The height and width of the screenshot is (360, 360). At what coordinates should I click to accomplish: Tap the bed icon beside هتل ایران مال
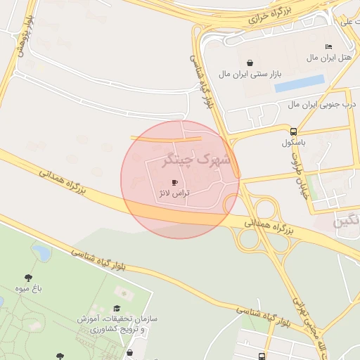328,46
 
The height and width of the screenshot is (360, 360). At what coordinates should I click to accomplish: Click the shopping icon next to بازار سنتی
251,63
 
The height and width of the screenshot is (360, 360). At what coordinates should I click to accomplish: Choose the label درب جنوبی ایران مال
321,104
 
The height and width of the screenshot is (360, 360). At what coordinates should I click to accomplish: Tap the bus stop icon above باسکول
293,131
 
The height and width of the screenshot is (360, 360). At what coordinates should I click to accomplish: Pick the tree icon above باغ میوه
28,278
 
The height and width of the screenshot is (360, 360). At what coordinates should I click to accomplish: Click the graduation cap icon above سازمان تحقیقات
116,308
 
